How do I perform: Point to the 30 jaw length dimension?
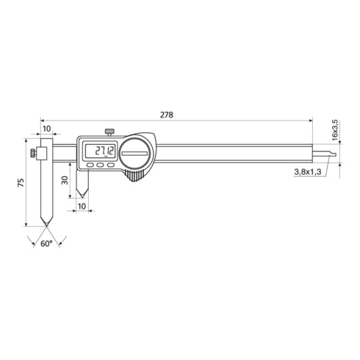pos(65,178)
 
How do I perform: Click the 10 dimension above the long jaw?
pos(46,129)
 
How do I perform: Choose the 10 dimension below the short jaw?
pos(81,208)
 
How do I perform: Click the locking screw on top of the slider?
pos(109,132)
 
